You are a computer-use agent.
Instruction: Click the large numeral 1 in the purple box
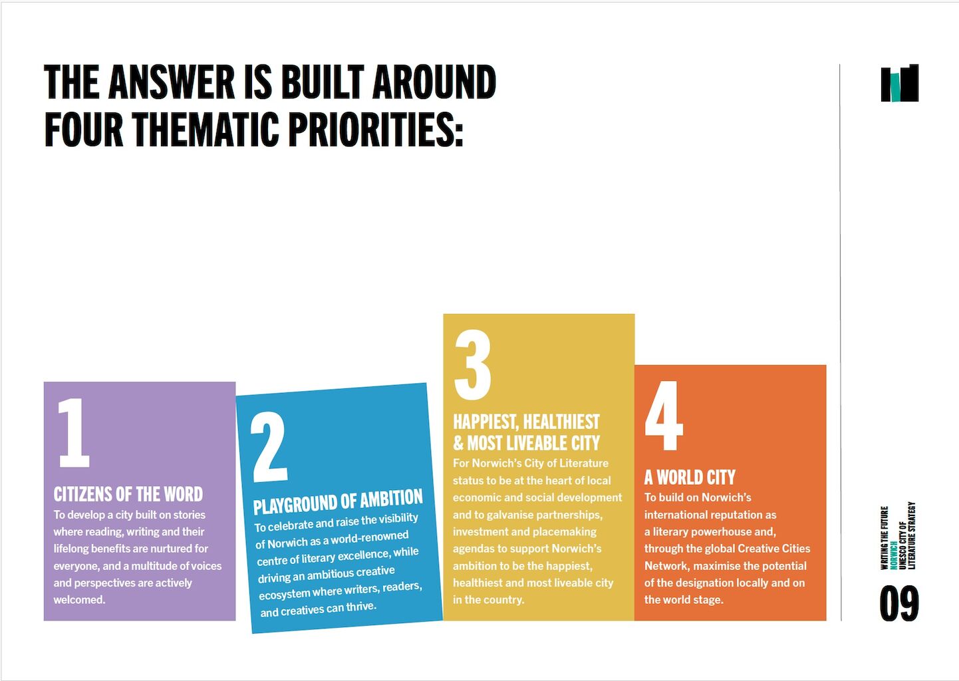(74, 432)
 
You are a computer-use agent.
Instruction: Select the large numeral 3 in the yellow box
(473, 364)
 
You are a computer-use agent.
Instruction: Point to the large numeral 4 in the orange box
(664, 415)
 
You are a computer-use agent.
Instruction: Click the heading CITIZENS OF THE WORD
(128, 494)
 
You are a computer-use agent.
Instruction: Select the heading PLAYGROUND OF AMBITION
(338, 501)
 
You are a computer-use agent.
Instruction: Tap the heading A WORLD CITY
(690, 477)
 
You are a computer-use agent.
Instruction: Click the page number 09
(899, 604)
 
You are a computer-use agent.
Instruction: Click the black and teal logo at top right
(900, 83)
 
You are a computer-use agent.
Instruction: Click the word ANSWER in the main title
(172, 82)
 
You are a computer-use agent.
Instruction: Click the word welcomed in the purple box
(79, 600)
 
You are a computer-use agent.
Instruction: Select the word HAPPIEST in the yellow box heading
(486, 422)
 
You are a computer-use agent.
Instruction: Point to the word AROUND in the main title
(434, 82)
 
